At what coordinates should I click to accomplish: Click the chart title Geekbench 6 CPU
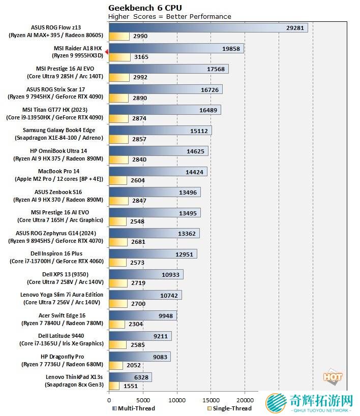[145, 8]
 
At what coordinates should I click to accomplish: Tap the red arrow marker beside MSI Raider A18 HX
[106, 52]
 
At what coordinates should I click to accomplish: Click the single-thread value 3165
[141, 57]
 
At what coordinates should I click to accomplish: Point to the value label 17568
[216, 69]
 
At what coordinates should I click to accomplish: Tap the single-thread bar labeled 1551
[114, 386]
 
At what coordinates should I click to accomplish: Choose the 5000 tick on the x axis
[143, 400]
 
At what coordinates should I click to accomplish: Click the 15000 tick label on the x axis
[211, 400]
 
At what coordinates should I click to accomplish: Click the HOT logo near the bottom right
[333, 377]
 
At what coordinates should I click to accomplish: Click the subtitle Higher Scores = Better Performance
[170, 17]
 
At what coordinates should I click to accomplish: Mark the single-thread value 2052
[134, 365]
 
